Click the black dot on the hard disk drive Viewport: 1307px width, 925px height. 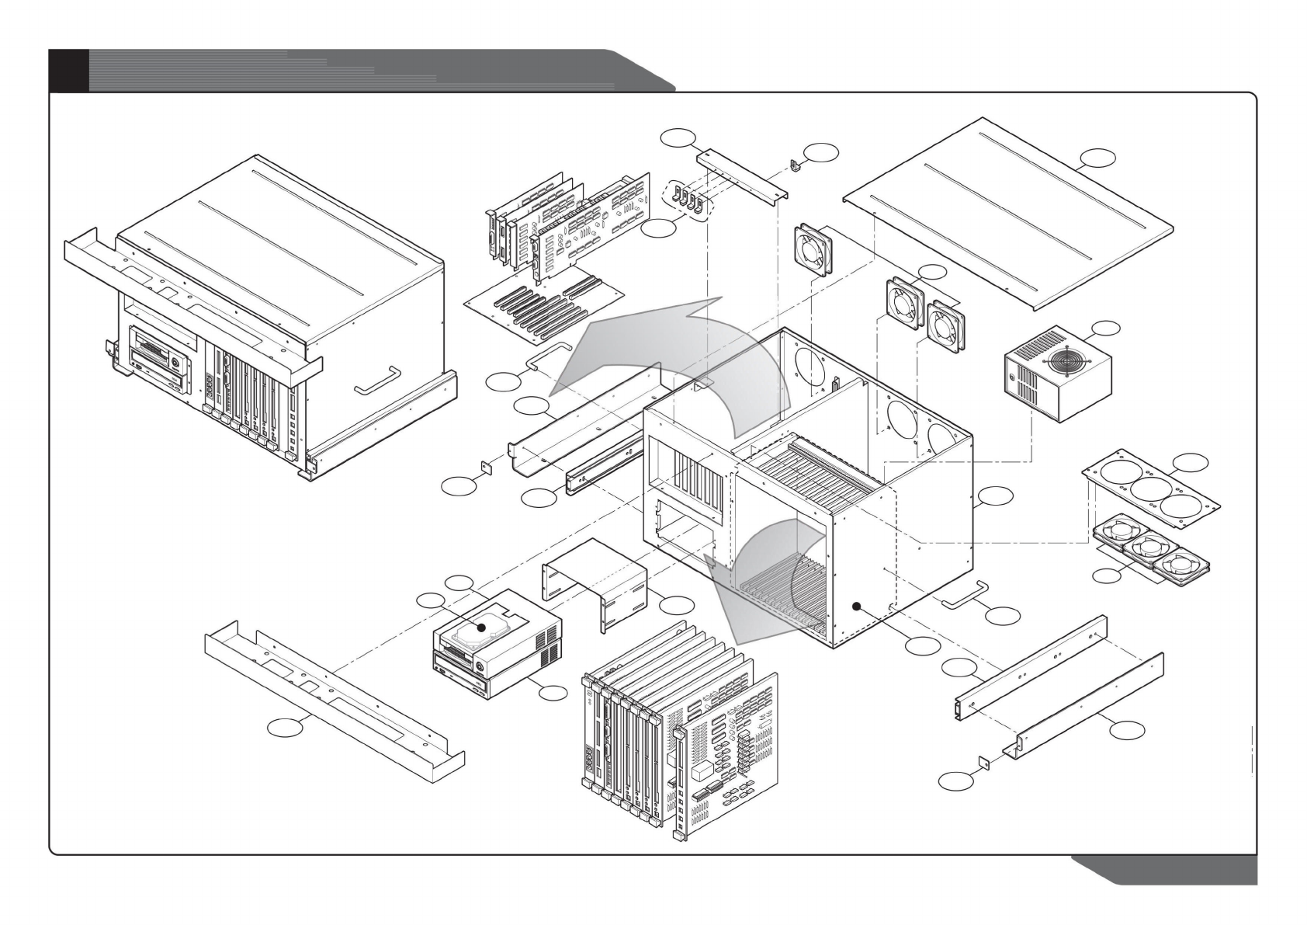click(x=481, y=627)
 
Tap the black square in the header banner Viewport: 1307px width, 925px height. click(x=68, y=70)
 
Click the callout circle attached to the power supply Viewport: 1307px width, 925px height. click(x=1103, y=329)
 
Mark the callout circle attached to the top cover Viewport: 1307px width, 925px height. click(x=1098, y=158)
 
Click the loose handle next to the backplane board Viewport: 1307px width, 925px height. click(x=548, y=354)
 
